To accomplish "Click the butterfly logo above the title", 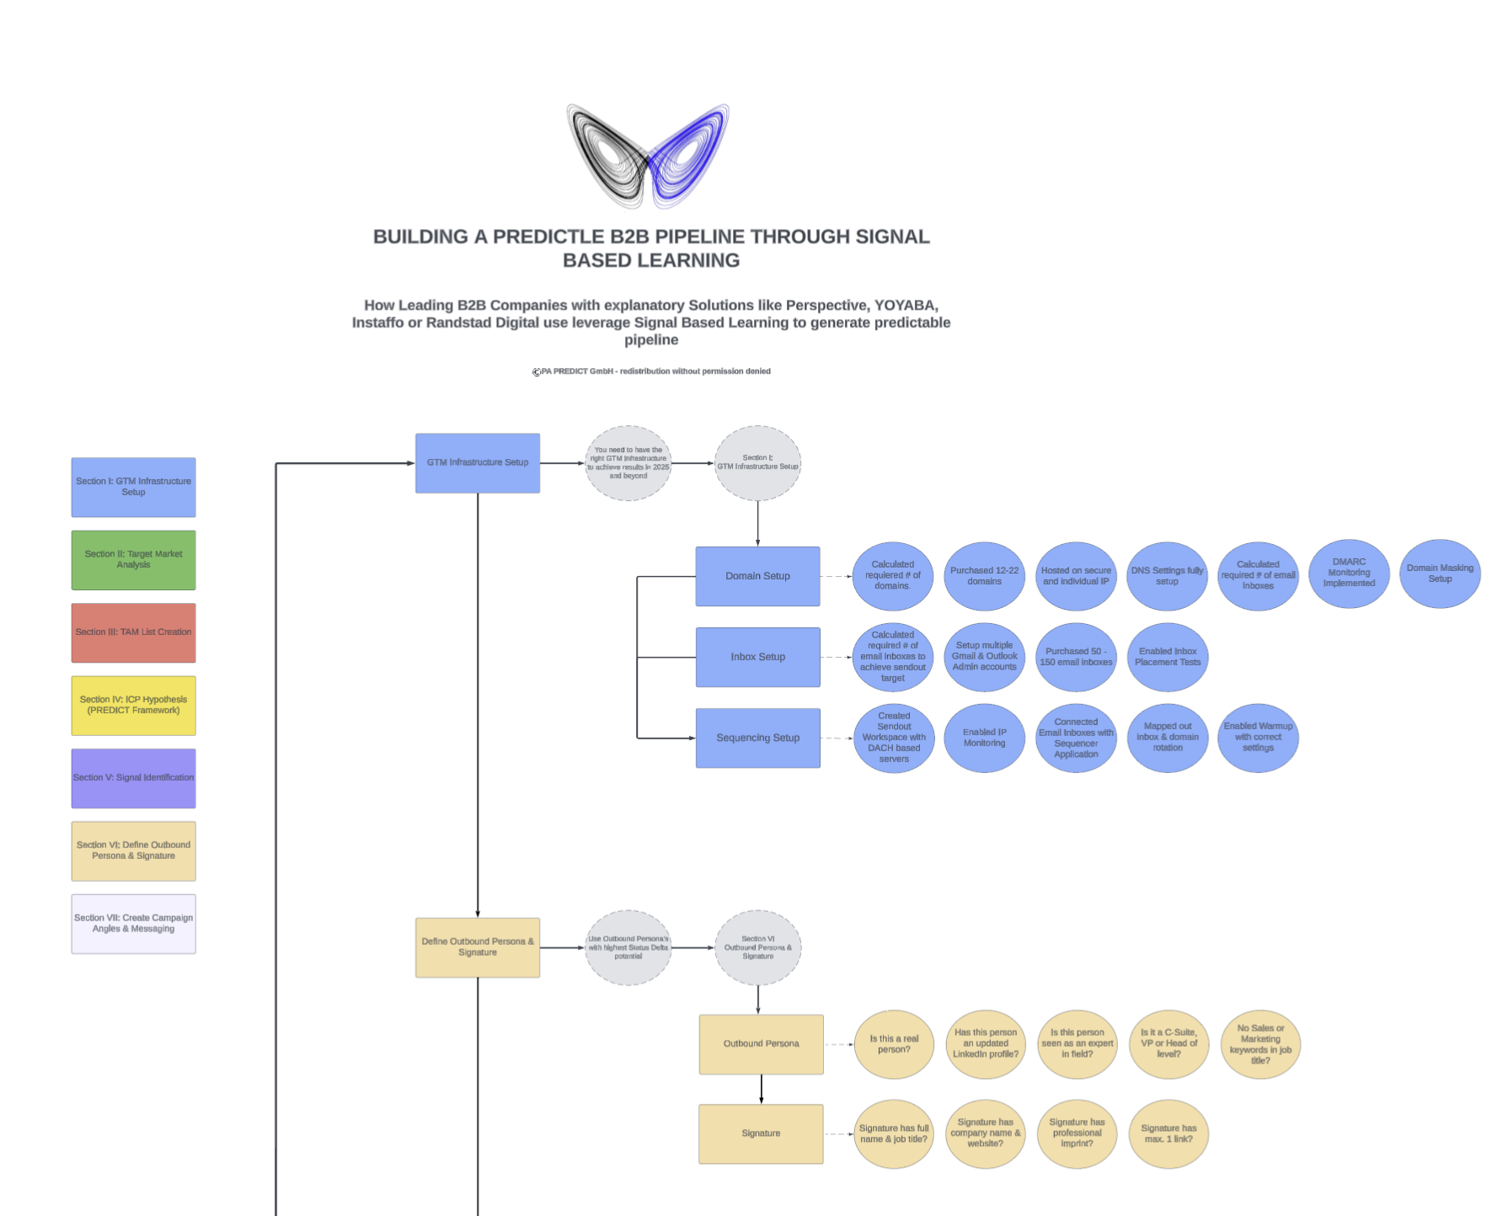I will tap(647, 156).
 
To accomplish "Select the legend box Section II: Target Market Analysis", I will tap(133, 560).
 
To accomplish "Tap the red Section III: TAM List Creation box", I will tap(133, 632).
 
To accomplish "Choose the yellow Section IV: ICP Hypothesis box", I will tap(133, 706).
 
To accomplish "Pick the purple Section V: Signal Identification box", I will tap(133, 778).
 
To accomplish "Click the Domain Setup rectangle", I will tap(757, 576).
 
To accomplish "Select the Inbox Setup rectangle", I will tap(757, 657).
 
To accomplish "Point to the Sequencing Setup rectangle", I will tap(757, 738).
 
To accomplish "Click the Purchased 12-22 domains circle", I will tap(984, 576).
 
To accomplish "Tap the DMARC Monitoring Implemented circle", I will tap(1349, 573).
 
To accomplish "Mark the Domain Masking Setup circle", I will tap(1440, 573).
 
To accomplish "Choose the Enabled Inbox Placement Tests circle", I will tap(1168, 657).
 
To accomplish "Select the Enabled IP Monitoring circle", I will tap(984, 738).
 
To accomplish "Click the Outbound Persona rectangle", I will tap(761, 1044).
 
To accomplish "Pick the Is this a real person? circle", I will tap(894, 1044).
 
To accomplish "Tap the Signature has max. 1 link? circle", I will tap(1168, 1133).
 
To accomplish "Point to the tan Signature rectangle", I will tap(761, 1133).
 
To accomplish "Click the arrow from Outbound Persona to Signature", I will tap(762, 1089).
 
